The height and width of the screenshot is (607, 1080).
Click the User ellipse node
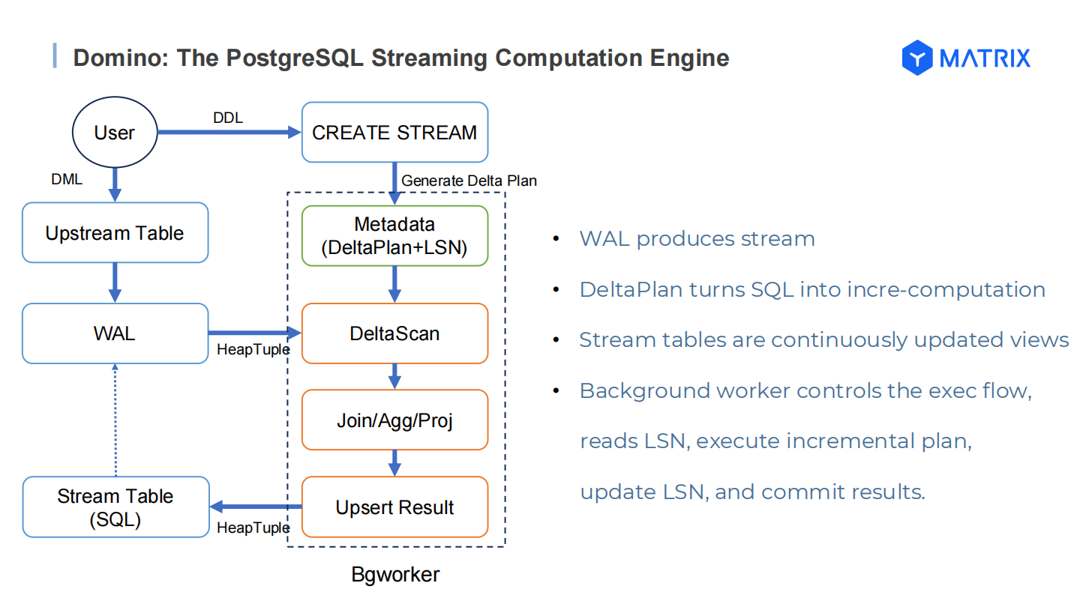[x=114, y=133]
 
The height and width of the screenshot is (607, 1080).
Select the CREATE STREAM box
[x=394, y=133]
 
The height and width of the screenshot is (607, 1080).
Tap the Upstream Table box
[x=115, y=233]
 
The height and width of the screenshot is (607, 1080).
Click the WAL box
[x=115, y=333]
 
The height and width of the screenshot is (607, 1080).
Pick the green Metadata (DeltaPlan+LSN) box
[x=394, y=236]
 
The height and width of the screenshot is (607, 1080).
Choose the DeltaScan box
[x=394, y=333]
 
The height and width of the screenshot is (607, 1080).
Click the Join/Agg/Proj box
[x=394, y=420]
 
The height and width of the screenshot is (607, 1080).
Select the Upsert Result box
[x=394, y=507]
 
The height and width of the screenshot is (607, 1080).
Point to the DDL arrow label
[x=228, y=118]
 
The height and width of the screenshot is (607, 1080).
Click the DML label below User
[x=67, y=180]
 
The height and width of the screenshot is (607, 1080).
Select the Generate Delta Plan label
[x=469, y=181]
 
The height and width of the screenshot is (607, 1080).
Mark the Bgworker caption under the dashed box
[x=395, y=576]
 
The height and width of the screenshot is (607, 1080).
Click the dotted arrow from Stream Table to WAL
[x=115, y=420]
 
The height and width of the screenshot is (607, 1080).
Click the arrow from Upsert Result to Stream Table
[x=255, y=507]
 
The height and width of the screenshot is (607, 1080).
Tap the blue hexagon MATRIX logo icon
[x=916, y=58]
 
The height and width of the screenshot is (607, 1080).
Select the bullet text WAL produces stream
[x=697, y=239]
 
